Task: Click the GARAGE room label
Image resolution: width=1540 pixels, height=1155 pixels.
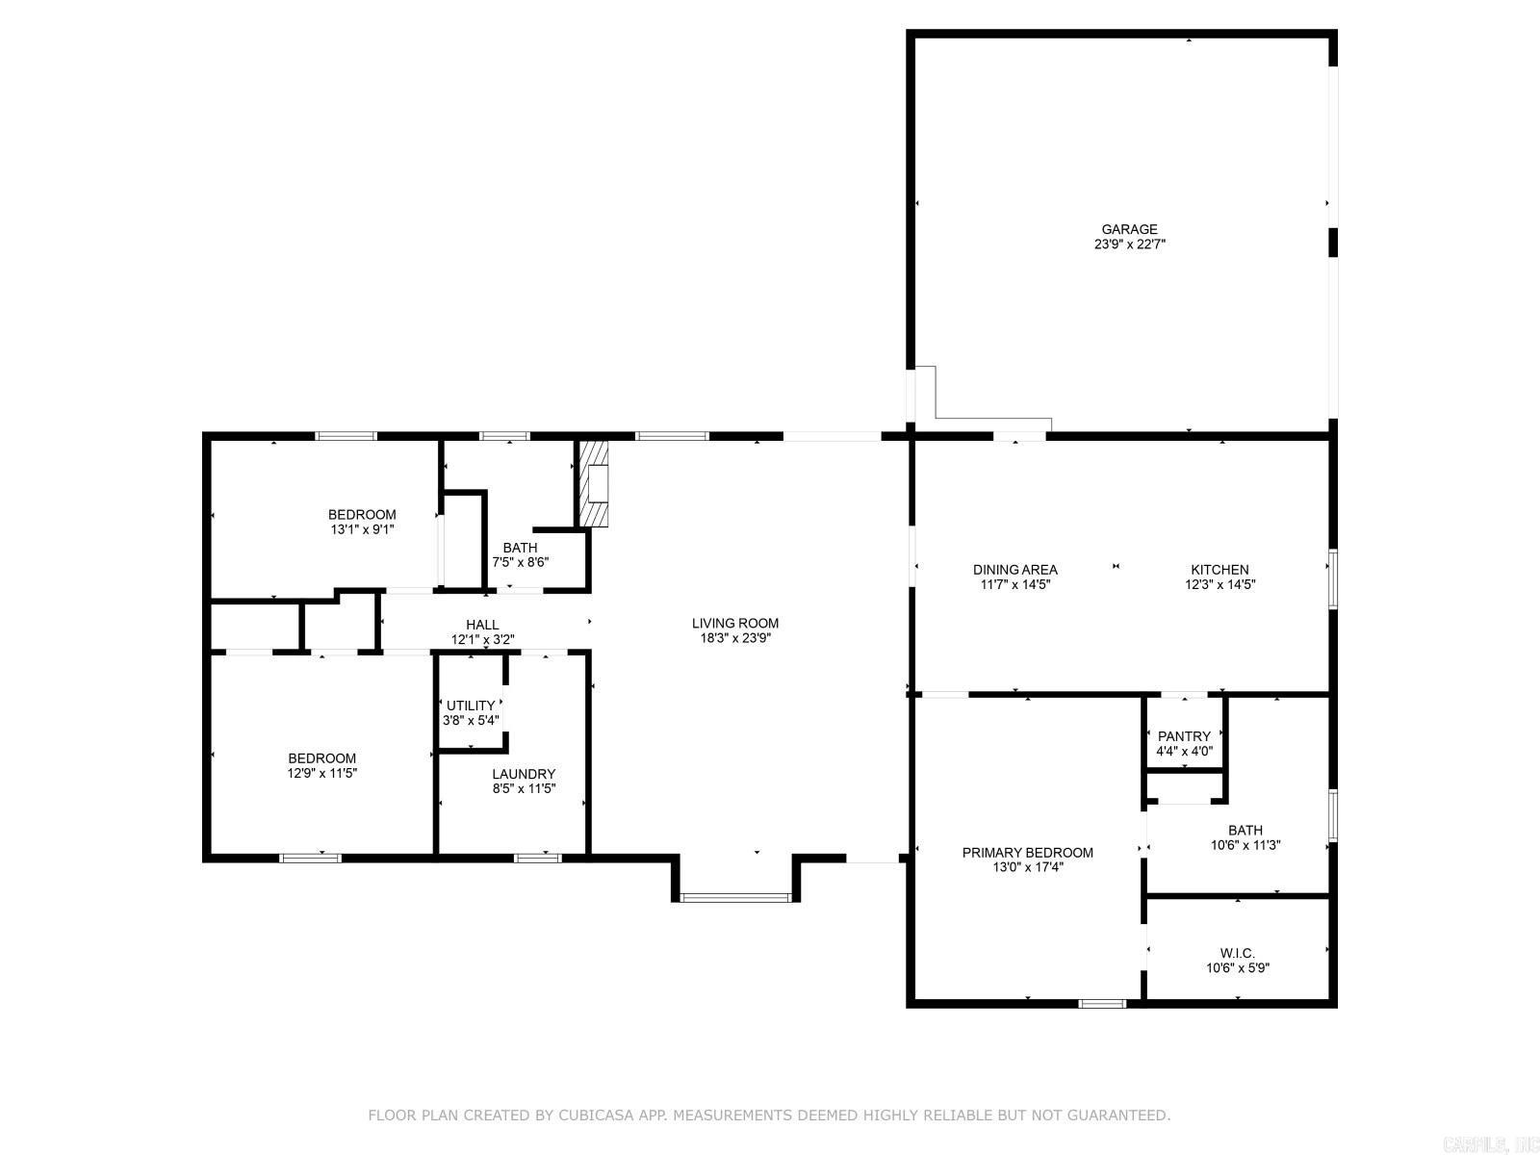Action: pos(1129,229)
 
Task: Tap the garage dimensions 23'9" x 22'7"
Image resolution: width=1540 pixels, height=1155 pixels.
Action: pos(1130,244)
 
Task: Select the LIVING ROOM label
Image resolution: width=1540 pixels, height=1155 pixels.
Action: pos(734,623)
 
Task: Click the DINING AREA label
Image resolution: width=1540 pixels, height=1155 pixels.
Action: pos(1014,570)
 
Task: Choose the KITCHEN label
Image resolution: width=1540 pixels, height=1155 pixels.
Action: pos(1219,570)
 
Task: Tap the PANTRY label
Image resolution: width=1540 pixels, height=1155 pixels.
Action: pos(1184,736)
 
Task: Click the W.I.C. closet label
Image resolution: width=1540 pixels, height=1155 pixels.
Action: pos(1237,953)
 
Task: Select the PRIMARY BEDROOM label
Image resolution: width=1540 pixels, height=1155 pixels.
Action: pos(1027,853)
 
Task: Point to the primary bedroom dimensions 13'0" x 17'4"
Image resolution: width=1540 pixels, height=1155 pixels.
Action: pos(1027,867)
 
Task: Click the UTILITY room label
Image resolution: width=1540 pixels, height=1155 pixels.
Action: pos(471,706)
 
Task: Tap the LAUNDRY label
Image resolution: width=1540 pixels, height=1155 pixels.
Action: pos(524,774)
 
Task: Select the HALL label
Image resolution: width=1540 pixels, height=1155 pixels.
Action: pos(482,624)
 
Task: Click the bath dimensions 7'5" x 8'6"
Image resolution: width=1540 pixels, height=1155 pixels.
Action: pos(520,562)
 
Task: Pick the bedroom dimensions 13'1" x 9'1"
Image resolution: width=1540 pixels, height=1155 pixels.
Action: pos(362,529)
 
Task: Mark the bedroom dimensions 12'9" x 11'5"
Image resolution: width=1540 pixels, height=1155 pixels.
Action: pos(322,773)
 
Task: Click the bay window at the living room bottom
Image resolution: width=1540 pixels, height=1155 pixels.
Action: pos(735,897)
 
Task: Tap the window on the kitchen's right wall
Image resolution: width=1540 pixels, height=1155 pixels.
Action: pos(1333,578)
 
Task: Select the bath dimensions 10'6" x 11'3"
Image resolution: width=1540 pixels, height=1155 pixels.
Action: pos(1245,845)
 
